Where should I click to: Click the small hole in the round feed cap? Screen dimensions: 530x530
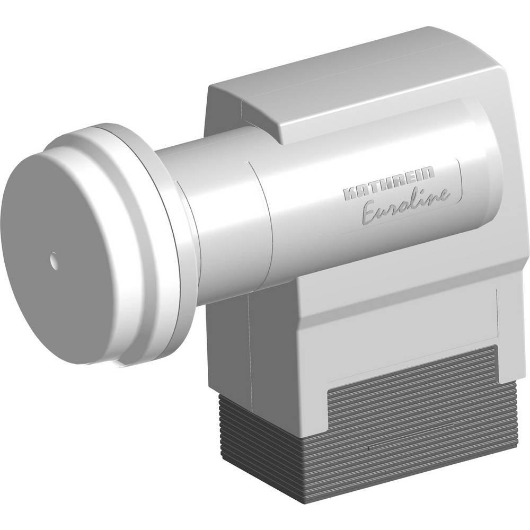(54, 260)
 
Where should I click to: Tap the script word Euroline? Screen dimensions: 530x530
(405, 204)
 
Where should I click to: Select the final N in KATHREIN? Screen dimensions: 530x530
(427, 173)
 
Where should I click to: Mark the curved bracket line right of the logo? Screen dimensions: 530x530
(460, 184)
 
